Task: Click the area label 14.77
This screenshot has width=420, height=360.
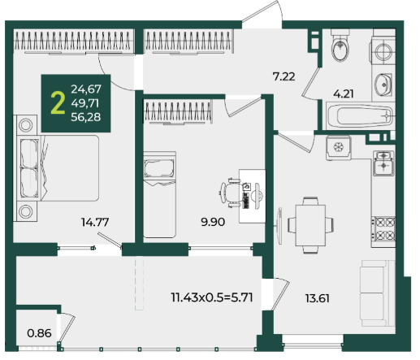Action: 95,222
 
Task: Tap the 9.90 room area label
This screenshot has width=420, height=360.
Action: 213,222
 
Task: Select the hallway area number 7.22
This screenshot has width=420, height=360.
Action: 284,76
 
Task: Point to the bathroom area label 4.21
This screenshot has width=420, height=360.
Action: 344,93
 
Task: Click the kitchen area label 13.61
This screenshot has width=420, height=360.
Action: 318,298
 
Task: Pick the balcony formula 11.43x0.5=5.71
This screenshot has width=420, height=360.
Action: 212,297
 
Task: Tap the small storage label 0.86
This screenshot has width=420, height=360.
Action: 39,333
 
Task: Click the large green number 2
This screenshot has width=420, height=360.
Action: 58,102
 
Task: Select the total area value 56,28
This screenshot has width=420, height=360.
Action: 86,117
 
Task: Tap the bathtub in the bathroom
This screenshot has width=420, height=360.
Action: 360,116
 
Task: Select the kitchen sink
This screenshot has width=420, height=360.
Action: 383,163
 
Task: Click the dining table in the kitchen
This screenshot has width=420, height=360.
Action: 310,225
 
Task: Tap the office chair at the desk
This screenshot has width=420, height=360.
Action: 230,193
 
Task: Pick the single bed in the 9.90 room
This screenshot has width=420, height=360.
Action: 159,195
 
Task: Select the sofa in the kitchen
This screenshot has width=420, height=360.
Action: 377,293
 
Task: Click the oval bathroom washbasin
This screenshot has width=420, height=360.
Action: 383,85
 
